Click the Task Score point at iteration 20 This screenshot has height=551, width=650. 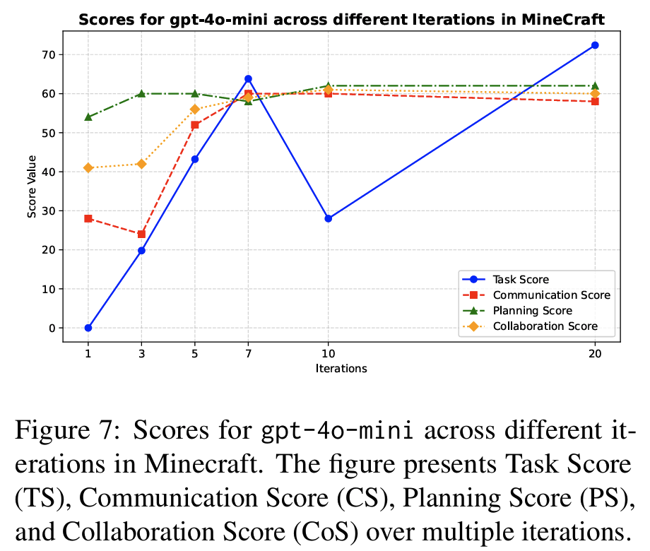595,45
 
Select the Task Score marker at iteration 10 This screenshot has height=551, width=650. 328,218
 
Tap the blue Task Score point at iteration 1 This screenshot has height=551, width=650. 88,328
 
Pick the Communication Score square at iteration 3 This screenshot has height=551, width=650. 141,234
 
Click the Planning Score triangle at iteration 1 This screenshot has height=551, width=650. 88,117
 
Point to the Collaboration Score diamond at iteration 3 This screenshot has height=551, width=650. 141,164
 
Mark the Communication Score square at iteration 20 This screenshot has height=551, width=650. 595,101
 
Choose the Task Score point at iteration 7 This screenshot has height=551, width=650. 248,78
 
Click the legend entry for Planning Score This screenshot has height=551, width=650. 532,311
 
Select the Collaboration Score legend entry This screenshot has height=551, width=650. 545,326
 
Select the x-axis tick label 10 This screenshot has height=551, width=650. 328,354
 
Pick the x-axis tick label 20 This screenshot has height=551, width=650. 595,354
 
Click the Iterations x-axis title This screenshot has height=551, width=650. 341,368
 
